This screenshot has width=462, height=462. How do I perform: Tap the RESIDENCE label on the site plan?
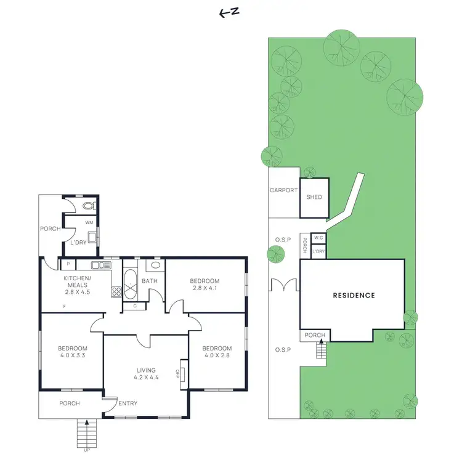click(354, 295)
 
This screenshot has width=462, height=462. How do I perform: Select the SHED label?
click(314, 198)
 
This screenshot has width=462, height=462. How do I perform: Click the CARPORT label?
click(283, 190)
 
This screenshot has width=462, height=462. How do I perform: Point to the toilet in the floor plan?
click(88, 206)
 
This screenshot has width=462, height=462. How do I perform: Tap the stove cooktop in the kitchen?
click(116, 291)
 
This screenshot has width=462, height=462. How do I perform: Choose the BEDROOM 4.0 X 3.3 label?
click(73, 352)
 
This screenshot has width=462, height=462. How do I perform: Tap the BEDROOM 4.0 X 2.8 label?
click(217, 352)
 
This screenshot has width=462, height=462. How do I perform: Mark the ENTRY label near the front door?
click(128, 403)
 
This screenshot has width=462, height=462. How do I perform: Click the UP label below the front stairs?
click(86, 450)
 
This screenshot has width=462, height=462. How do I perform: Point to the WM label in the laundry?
click(89, 222)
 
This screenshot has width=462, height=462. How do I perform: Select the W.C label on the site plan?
click(318, 238)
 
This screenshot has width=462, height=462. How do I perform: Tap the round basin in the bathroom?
click(155, 265)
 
